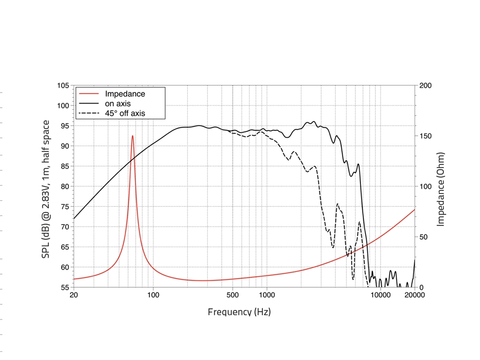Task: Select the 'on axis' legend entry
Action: [x=118, y=104]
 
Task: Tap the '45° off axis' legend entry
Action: [x=125, y=113]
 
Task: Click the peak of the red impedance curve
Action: [x=133, y=136]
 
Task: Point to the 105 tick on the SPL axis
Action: [x=63, y=85]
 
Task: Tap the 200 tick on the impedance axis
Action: [x=425, y=85]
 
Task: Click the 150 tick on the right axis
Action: [x=425, y=136]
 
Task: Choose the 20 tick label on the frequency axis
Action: [x=73, y=295]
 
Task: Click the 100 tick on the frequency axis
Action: [x=153, y=295]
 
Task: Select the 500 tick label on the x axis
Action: [x=232, y=295]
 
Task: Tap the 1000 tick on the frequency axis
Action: [x=267, y=295]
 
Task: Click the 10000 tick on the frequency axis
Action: [x=380, y=295]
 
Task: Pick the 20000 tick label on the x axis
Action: [x=414, y=295]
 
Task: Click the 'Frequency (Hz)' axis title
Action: [x=239, y=312]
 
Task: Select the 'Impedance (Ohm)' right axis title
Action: [x=441, y=189]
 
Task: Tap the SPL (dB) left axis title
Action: [x=46, y=189]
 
